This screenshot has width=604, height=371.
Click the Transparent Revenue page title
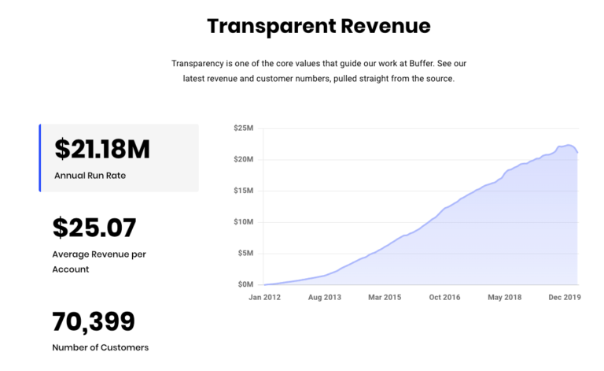pos(319,26)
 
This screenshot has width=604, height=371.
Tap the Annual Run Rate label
pos(90,175)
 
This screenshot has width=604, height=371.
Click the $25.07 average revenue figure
pos(94,228)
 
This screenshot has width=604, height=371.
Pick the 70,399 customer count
pos(94,321)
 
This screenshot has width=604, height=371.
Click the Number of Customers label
pos(100,347)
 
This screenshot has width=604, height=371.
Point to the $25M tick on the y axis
pos(242,128)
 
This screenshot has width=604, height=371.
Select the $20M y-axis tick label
pos(242,160)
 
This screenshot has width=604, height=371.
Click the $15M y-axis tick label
pos(242,191)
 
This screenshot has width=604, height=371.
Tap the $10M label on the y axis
pos(242,222)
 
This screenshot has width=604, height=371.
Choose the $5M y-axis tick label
pos(244,253)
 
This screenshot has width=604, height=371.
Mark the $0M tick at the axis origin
pos(244,284)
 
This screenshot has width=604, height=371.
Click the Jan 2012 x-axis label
pos(264,298)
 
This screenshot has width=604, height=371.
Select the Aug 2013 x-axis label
pos(325,298)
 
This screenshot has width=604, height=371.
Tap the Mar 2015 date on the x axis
pos(385,298)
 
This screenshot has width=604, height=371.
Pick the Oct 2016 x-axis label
pos(446,298)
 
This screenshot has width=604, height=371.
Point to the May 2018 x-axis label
pos(505,298)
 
